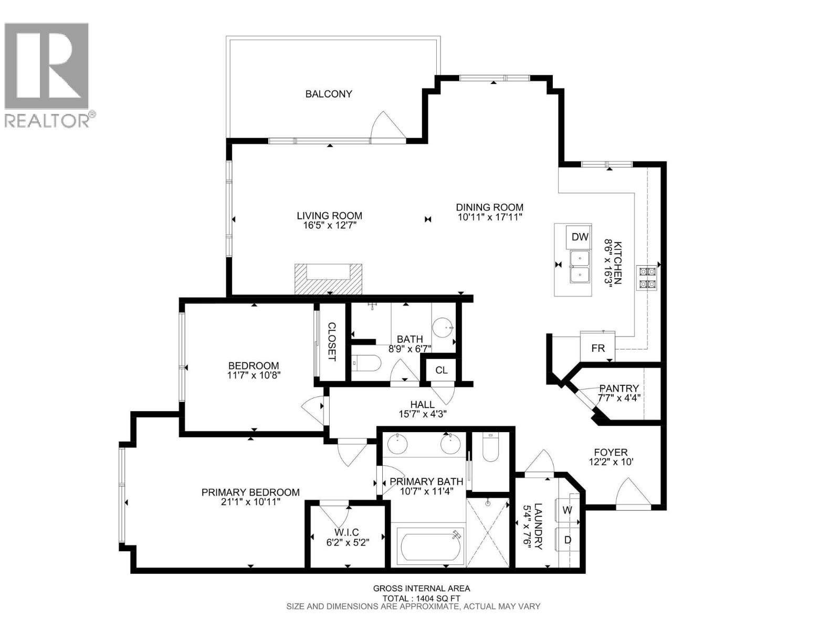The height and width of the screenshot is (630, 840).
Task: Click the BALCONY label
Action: pyautogui.click(x=329, y=94)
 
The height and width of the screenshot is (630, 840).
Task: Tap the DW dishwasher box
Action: pyautogui.click(x=580, y=237)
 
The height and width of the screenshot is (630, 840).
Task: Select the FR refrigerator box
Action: pyautogui.click(x=597, y=348)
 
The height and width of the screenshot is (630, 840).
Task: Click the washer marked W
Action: pyautogui.click(x=567, y=510)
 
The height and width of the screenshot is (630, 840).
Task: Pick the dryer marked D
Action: pyautogui.click(x=567, y=540)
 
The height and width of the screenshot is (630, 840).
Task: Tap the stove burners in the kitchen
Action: pyautogui.click(x=646, y=278)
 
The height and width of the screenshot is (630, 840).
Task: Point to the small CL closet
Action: pyautogui.click(x=441, y=370)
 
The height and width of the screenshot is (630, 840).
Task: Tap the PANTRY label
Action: pyautogui.click(x=618, y=388)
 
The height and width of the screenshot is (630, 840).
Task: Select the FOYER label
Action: pyautogui.click(x=611, y=452)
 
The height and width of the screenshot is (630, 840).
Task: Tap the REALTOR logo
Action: pyautogui.click(x=49, y=73)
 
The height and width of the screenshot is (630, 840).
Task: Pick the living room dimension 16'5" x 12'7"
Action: pyautogui.click(x=329, y=225)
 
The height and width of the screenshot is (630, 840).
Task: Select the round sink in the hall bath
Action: pyautogui.click(x=444, y=328)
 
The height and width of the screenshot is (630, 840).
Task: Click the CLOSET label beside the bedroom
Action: pyautogui.click(x=332, y=341)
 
